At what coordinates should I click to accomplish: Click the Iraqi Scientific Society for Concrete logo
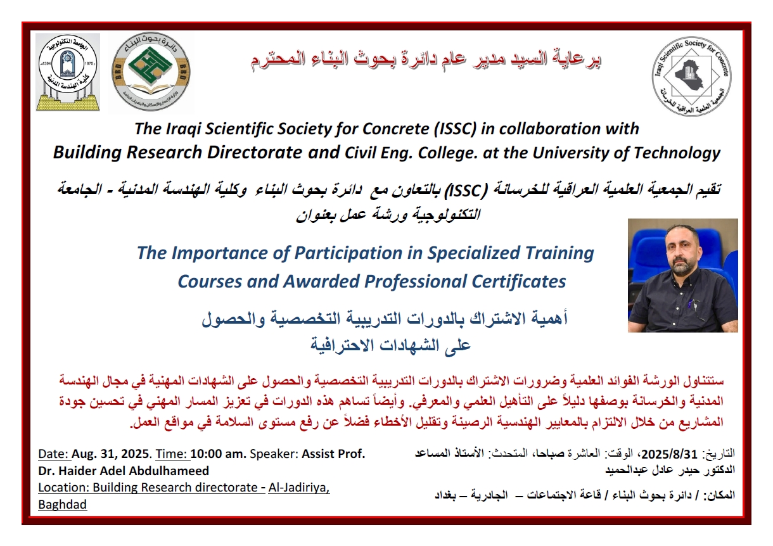[691, 76]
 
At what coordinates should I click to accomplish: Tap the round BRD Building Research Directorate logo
[151, 72]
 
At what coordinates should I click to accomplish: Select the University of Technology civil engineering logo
[68, 72]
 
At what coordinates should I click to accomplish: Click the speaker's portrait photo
[682, 276]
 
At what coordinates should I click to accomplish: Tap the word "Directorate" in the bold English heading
[254, 153]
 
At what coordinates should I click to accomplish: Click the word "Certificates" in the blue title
[519, 281]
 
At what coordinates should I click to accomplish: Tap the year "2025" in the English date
[135, 454]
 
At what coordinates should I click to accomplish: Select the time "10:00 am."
[219, 454]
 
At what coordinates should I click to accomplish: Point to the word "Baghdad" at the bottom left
[63, 505]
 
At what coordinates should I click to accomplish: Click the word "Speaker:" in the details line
[274, 454]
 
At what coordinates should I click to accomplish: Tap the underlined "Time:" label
[172, 454]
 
